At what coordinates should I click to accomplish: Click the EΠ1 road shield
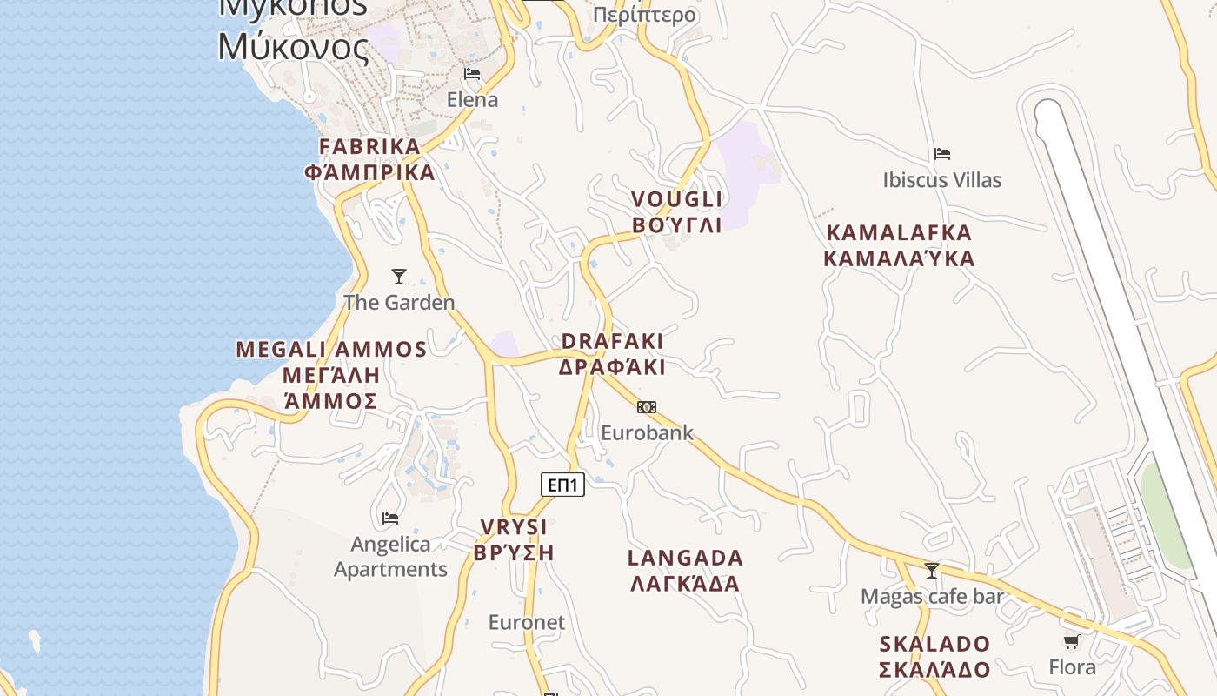click(562, 485)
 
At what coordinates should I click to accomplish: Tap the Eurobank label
click(647, 432)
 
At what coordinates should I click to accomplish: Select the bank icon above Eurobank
click(646, 407)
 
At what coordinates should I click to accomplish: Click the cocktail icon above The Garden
click(399, 277)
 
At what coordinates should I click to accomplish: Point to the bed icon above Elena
click(472, 74)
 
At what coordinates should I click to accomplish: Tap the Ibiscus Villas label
click(942, 180)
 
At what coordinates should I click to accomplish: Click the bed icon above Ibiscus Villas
click(942, 155)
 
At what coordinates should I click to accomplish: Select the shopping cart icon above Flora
click(1072, 642)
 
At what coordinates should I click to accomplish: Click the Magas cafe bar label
click(932, 597)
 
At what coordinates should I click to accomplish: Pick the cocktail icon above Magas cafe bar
click(932, 571)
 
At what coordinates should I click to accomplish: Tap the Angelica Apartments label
click(390, 557)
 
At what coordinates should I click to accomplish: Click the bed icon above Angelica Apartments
click(390, 519)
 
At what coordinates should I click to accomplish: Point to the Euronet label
click(527, 622)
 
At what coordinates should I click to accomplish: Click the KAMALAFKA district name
click(899, 245)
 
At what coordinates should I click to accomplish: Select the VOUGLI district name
click(677, 212)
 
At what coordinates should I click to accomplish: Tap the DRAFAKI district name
click(612, 354)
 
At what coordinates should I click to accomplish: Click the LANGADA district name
click(686, 570)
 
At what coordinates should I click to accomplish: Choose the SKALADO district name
click(934, 657)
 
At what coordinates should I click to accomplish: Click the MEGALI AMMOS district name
click(331, 375)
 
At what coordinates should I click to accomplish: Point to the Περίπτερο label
click(644, 15)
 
